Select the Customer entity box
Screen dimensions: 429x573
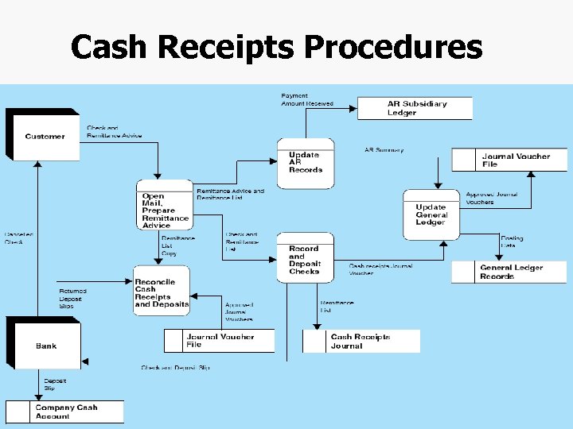tap(44, 136)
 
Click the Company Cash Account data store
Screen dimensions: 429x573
tap(65, 412)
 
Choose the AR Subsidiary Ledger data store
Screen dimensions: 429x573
tap(415, 108)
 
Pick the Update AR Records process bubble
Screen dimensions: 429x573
tap(306, 163)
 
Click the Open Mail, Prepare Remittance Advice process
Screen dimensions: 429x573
tap(165, 210)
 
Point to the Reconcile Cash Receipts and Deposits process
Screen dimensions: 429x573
tap(162, 292)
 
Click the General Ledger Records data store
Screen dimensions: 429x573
tap(510, 272)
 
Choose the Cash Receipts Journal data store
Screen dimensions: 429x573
tap(361, 341)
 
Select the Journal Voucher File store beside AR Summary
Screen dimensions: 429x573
tap(510, 160)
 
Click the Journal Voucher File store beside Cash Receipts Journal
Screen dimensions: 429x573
tap(220, 341)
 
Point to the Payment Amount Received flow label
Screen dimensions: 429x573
tap(307, 100)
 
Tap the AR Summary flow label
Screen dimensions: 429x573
tap(384, 149)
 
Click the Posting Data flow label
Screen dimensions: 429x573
tap(512, 242)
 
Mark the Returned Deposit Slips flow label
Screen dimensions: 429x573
tap(72, 298)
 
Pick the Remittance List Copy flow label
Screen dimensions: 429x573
tap(177, 245)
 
